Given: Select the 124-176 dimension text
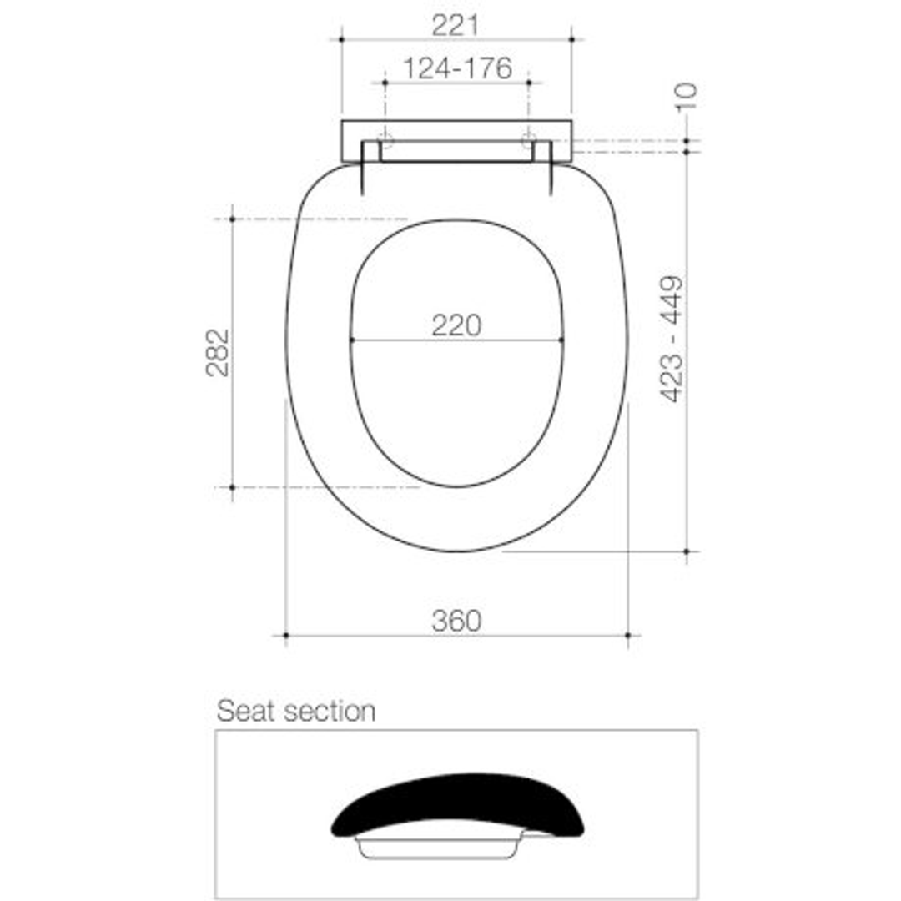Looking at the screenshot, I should (x=456, y=68).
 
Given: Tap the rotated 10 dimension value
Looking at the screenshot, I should (x=686, y=97).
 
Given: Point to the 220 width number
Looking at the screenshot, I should (x=456, y=325).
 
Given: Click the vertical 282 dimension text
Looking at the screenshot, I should (x=218, y=352).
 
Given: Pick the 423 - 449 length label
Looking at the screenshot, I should (x=672, y=339).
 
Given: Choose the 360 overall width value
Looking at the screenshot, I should (x=456, y=621).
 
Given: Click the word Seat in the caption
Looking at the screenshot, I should (x=246, y=712).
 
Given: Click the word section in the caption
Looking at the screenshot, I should (x=330, y=712).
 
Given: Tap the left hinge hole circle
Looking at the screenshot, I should (x=385, y=139).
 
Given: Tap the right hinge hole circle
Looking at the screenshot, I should (x=528, y=139).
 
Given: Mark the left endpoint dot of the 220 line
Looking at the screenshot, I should (x=352, y=340).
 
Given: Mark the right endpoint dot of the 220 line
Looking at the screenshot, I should (x=561, y=340).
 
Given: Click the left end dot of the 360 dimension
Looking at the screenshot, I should (x=286, y=636).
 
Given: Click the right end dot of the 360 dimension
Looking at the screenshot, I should (x=627, y=636).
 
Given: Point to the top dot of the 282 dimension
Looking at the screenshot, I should (x=232, y=219).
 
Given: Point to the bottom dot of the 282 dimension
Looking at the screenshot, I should (x=232, y=487).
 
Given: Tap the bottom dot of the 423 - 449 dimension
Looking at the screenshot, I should (x=686, y=551).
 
